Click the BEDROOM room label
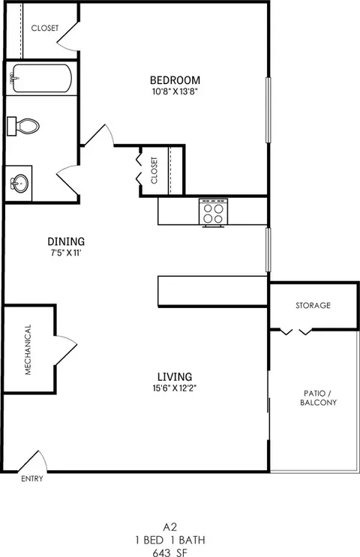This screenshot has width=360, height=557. click(x=175, y=80)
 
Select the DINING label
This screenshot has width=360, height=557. click(x=66, y=241)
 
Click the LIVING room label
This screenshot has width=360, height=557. click(x=174, y=376)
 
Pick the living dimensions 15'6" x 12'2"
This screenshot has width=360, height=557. click(x=174, y=388)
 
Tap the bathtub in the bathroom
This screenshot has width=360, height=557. click(x=40, y=77)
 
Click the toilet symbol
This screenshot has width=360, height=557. click(x=22, y=127)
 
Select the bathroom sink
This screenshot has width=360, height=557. click(x=20, y=182)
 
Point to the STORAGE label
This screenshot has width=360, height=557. click(x=313, y=306)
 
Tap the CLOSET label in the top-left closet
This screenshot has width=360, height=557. click(x=44, y=28)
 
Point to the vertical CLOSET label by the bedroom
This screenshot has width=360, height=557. click(x=154, y=170)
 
